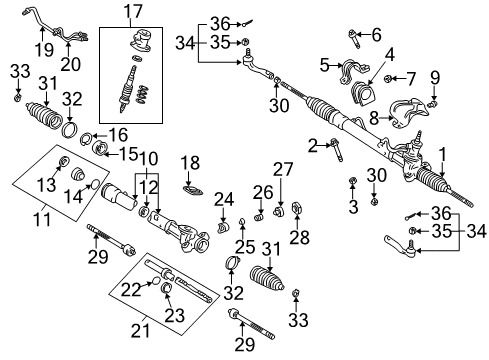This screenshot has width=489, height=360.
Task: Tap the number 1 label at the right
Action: pyautogui.click(x=444, y=153)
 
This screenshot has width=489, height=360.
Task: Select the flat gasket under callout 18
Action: pyautogui.click(x=191, y=186)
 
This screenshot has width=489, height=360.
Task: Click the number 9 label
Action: pyautogui.click(x=434, y=77)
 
